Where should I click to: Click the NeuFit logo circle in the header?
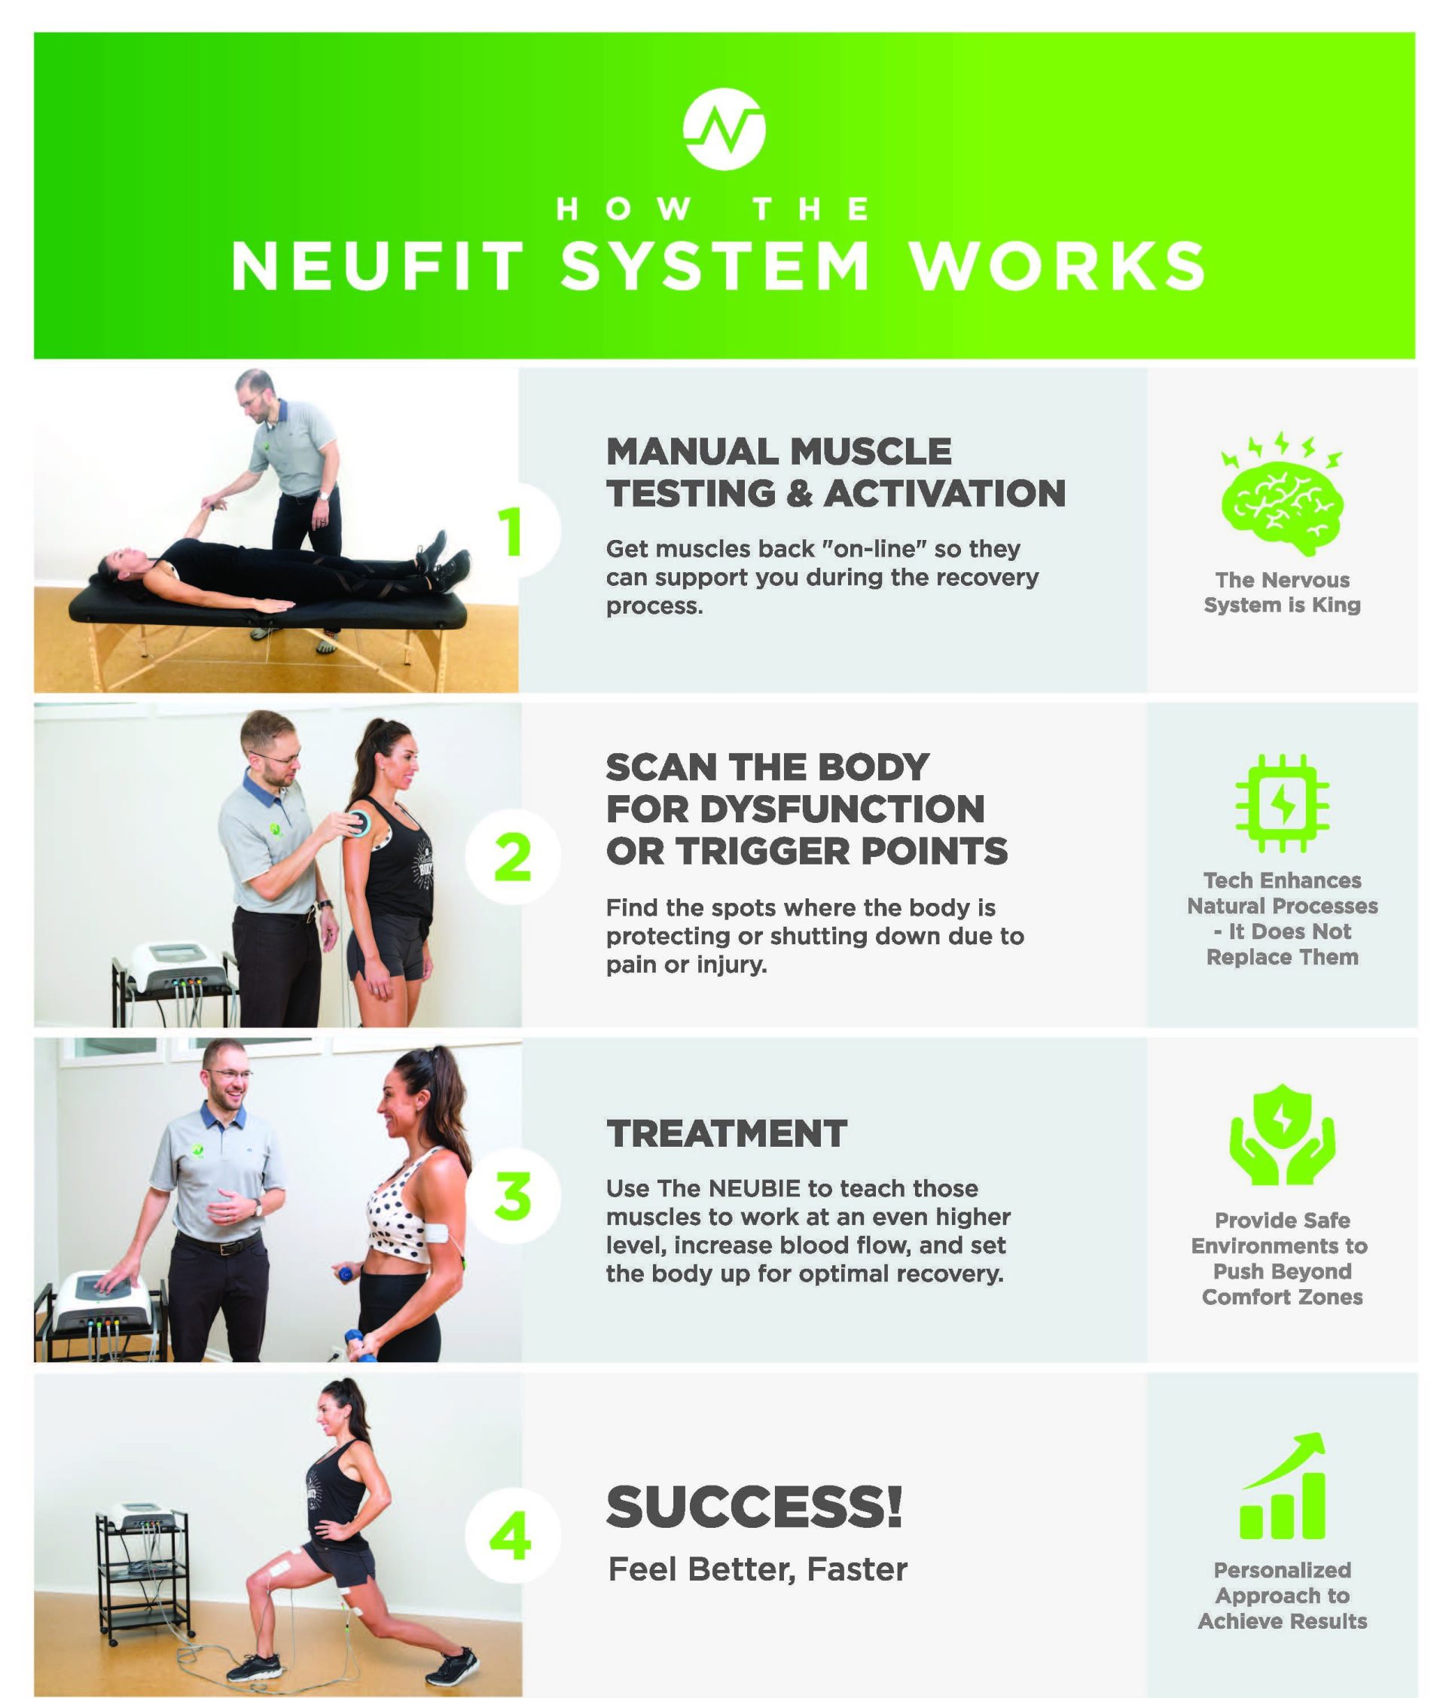pos(724,130)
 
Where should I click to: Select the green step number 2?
pos(513,857)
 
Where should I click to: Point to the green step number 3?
pos(513,1196)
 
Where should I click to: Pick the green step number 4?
pos(511,1536)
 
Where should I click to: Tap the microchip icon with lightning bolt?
pos(1282,804)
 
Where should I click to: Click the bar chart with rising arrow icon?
pos(1282,1485)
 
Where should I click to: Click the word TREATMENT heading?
pos(726,1134)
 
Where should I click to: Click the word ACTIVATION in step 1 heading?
pos(945,493)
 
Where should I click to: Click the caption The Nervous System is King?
pos(1282,593)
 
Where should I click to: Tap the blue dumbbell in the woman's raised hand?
pos(345,1274)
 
